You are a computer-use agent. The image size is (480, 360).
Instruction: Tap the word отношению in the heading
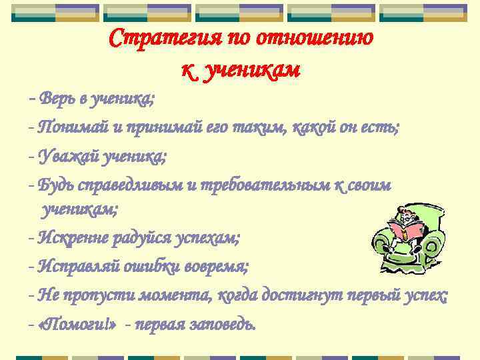(x=324, y=38)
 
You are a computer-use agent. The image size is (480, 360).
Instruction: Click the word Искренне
(x=73, y=237)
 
